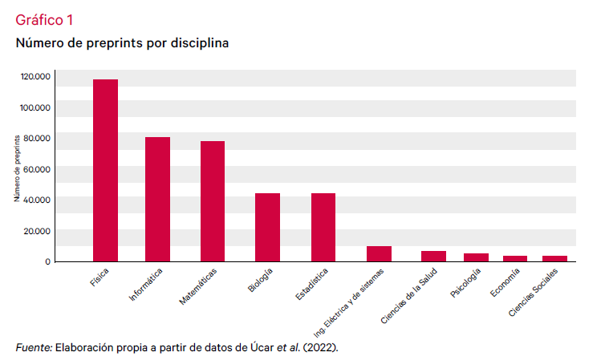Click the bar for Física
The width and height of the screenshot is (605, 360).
coord(105,170)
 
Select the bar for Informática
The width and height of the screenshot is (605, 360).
coord(157,199)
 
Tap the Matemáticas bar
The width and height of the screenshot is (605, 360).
coord(213,201)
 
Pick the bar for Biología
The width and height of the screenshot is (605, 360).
coord(267,227)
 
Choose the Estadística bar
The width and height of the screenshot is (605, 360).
coord(323,227)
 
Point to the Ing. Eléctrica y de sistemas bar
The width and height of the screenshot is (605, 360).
coord(379,253)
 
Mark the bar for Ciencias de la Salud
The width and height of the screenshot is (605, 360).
coord(434,256)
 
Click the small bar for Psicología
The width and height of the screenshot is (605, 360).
coord(476,257)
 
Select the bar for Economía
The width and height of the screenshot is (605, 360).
coord(515,258)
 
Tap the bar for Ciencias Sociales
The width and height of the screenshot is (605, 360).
coord(554,258)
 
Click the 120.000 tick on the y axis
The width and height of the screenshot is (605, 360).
coord(36,77)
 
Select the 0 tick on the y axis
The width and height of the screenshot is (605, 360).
coord(47,261)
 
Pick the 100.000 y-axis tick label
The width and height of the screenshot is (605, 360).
coord(36,107)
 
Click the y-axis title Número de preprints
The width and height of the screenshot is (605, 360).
coord(17,168)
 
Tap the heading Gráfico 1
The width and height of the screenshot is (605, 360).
coord(45,20)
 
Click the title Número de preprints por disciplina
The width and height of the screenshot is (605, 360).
coord(122,43)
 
